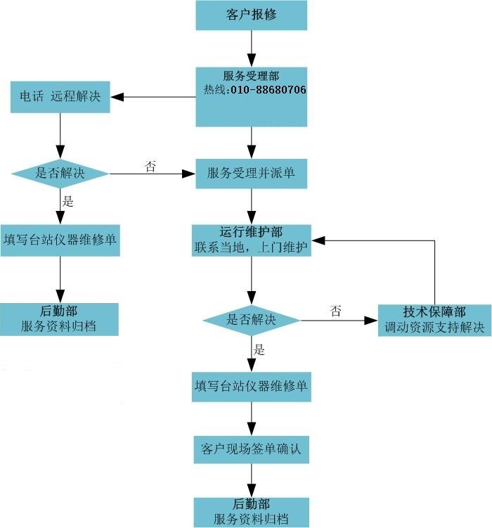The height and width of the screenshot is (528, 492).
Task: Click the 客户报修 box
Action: pos(251,15)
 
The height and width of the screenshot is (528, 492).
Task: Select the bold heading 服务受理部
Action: pos(251,76)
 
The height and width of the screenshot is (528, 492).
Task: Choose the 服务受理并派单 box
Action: pos(251,173)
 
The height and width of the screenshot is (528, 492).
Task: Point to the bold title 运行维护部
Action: pos(251,232)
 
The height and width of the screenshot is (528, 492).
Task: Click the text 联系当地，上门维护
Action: pos(251,247)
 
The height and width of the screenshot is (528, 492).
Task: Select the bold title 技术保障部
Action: pos(434,312)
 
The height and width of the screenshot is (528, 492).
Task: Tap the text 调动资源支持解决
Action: pos(434,328)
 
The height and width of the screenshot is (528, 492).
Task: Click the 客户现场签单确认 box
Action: pos(251,449)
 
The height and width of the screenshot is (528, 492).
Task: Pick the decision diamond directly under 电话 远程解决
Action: pos(60,173)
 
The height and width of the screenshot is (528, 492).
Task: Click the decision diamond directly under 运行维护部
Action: pos(251,320)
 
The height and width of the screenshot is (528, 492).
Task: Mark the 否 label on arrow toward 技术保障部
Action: pos(336,311)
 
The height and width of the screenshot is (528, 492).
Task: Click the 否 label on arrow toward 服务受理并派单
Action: pos(150,166)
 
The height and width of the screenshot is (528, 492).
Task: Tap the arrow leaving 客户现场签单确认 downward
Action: pos(251,480)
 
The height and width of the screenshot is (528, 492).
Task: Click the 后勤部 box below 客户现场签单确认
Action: pos(251,512)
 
